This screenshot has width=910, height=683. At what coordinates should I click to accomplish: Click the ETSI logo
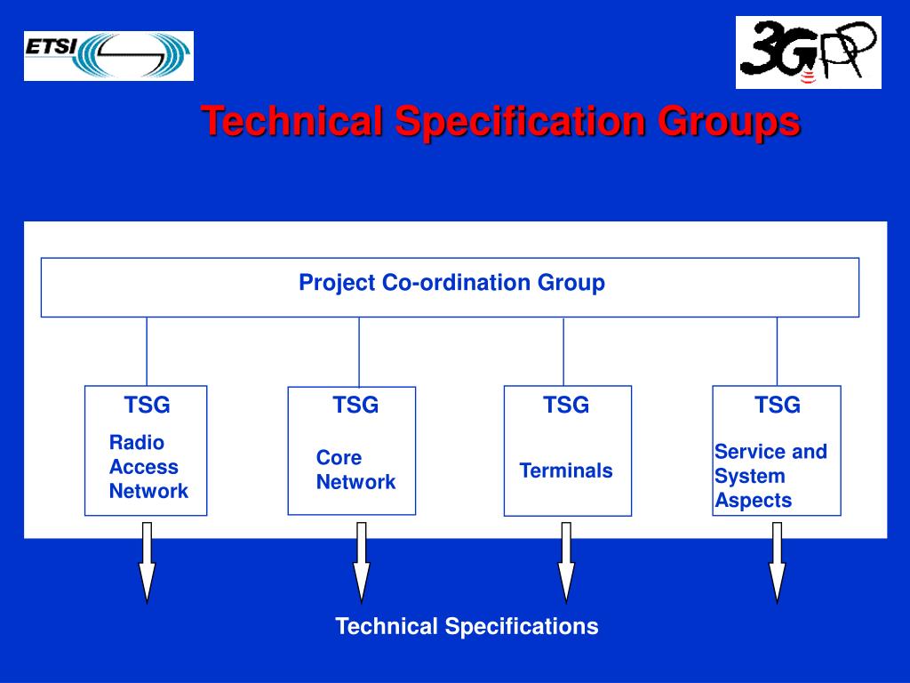108,56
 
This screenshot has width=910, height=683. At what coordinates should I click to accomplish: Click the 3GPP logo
808,52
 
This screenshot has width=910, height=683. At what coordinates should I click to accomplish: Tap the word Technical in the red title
291,121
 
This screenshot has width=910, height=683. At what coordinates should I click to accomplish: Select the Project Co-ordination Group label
451,283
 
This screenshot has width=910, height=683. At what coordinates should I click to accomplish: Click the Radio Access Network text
148,467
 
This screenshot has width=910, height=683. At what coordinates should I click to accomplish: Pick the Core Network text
355,470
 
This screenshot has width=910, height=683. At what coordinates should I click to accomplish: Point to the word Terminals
566,470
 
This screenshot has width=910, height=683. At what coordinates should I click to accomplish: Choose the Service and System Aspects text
770,476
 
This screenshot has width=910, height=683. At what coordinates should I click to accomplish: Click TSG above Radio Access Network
147,406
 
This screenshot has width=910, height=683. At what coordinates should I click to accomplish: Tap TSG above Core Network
355,406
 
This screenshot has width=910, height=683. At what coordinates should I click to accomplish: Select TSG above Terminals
566,406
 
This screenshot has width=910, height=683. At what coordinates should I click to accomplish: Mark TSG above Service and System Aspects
778,406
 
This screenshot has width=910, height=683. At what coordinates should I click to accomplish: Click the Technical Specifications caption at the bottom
467,626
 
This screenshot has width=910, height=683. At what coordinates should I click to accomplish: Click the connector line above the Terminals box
563,351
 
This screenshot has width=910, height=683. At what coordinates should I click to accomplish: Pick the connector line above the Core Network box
359,351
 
